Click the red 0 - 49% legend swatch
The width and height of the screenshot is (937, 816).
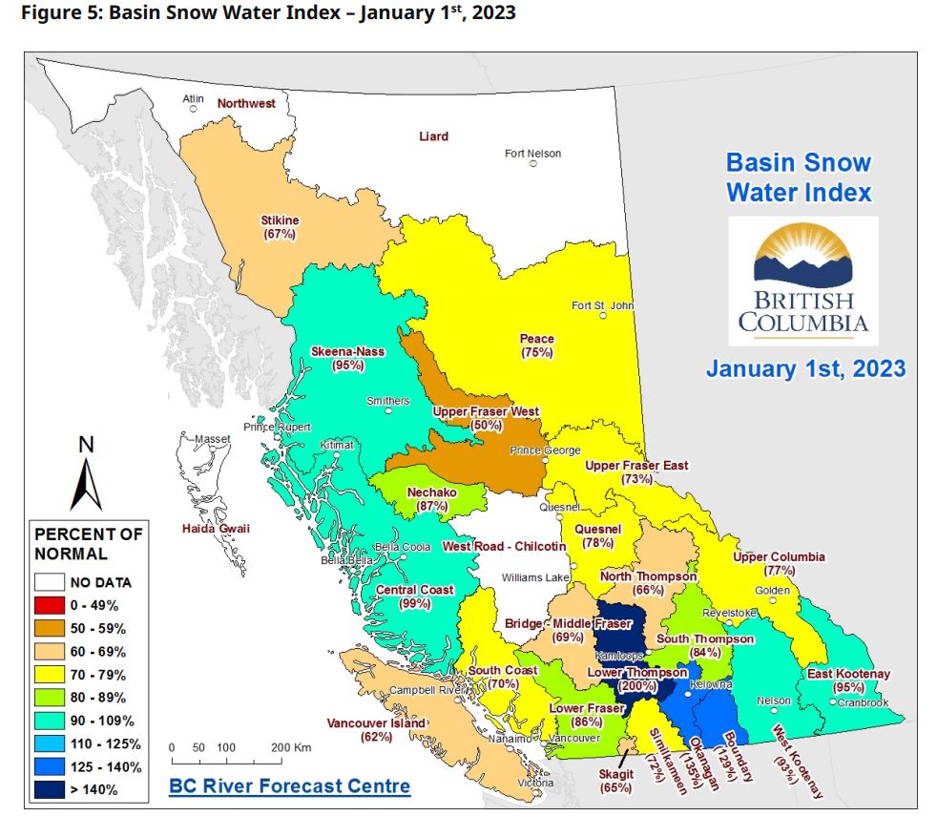coord(51,605)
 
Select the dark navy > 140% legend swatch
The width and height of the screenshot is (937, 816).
coord(51,790)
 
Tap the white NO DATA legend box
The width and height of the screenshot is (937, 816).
coord(51,582)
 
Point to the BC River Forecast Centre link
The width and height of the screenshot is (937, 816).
coord(289,786)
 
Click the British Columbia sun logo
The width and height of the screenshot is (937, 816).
coord(802,259)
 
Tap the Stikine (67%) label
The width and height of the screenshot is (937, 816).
coord(280,227)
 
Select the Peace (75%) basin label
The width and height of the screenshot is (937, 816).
coord(536,345)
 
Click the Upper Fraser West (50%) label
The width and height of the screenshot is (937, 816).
coord(486,418)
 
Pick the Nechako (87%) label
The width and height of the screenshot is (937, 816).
coord(432,499)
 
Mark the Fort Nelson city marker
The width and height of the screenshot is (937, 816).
coord(533,163)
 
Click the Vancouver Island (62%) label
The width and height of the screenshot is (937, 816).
coord(375,730)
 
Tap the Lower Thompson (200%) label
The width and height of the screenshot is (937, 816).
coord(636,679)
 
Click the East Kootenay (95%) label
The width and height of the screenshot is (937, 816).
coord(847,680)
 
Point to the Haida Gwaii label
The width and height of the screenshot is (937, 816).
coord(217,529)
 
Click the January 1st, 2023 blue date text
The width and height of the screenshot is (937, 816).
coord(805,367)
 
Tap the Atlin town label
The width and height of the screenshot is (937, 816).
coord(193,99)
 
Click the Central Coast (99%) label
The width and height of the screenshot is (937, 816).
coord(415,596)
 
